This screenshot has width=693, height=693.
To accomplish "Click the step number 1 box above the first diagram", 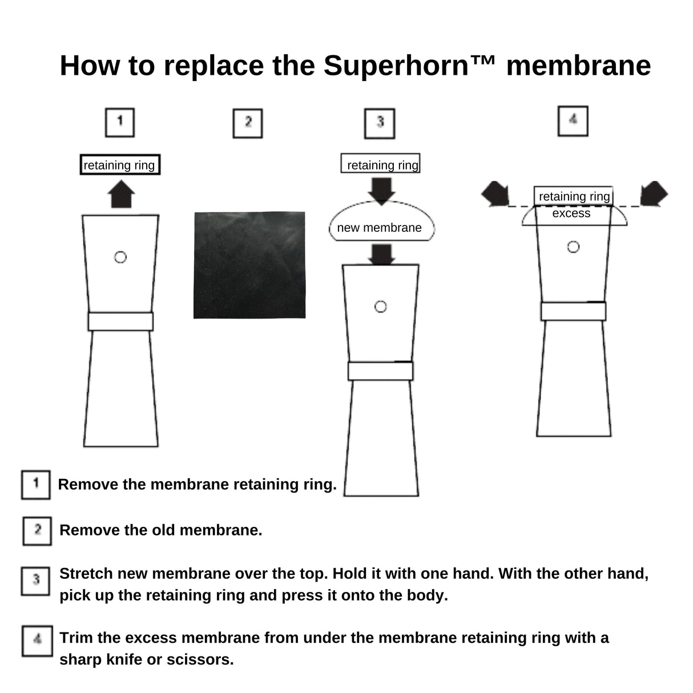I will (120, 122).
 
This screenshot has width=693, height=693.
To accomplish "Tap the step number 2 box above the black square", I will (248, 123).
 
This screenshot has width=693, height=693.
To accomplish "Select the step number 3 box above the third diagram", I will (380, 123).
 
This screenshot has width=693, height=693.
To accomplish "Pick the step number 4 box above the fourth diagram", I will (573, 121).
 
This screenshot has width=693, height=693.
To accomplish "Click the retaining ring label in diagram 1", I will (119, 165).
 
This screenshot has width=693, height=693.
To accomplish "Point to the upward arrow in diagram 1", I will (122, 195).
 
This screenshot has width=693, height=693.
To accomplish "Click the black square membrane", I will (249, 265).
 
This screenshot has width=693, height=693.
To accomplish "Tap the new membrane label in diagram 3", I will (379, 228).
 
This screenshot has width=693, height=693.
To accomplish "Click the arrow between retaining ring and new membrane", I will (381, 190).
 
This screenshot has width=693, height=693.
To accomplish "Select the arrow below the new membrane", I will (381, 254).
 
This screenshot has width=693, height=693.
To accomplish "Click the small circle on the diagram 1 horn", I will (120, 257).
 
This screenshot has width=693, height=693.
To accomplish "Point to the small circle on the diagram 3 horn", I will (381, 307).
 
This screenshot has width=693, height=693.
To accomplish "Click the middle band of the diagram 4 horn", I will (573, 311).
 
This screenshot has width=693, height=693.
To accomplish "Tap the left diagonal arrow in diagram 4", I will (495, 194).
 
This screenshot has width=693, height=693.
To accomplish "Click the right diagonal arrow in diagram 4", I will (653, 194).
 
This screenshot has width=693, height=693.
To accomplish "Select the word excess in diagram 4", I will (571, 213).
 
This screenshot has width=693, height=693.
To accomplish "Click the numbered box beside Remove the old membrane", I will (37, 530).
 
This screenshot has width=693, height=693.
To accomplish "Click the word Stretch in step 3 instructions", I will (85, 574).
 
